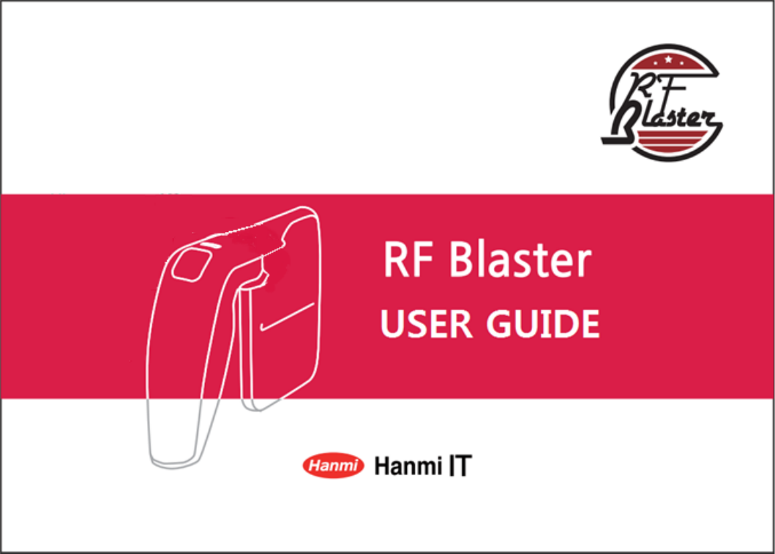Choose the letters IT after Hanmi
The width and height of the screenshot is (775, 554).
(458, 466)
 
